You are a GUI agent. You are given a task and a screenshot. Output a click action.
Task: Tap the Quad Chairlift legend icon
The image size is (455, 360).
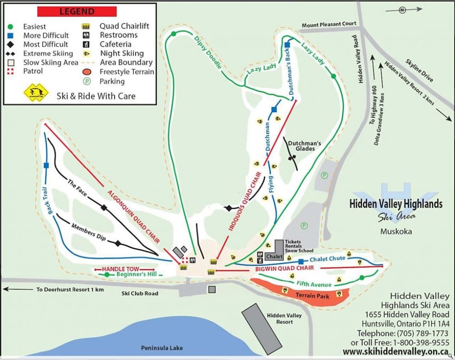[85, 26]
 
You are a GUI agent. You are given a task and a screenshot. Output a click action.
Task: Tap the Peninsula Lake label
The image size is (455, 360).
[162, 348]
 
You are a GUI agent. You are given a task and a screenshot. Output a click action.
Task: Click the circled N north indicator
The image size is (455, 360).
[403, 9]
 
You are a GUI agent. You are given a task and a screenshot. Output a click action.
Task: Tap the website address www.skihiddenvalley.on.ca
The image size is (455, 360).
[396, 352]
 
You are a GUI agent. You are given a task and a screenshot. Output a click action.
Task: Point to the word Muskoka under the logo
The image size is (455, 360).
[396, 231]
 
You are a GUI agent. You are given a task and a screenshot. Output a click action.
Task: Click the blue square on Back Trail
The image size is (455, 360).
[46, 165]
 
